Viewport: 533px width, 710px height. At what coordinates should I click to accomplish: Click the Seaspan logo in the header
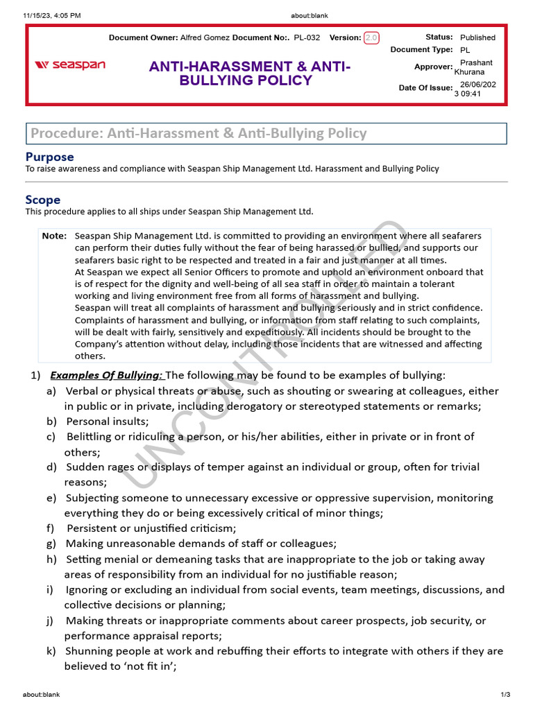70,65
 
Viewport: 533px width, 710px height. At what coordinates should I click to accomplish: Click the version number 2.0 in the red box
371,37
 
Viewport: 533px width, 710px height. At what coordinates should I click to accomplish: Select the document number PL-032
307,37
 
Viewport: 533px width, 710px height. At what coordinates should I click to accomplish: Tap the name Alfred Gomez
205,37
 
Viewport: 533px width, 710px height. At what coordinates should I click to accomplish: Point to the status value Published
477,37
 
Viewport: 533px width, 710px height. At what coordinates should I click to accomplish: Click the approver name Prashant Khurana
475,67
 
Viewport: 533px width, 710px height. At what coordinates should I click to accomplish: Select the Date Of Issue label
425,87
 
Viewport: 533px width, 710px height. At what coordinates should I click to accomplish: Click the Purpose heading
49,157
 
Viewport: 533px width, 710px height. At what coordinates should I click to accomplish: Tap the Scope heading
43,200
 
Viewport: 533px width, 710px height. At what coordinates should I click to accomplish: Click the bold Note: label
54,236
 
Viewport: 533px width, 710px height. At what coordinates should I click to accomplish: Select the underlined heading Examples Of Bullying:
106,375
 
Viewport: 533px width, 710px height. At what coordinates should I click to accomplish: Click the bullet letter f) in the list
51,528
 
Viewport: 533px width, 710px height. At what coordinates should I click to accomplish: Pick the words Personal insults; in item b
108,421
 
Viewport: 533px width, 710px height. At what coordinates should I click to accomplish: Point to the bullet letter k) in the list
51,651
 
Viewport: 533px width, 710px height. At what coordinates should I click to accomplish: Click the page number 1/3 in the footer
505,695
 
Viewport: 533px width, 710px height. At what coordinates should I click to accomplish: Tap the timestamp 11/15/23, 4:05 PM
51,15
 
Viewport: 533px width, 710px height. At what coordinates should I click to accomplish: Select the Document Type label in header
421,49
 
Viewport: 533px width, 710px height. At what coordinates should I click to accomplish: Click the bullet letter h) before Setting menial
51,559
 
